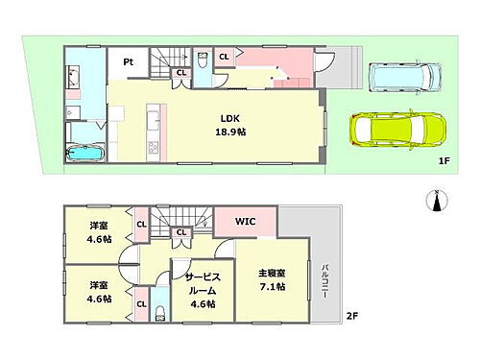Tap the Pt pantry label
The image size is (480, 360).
pyautogui.click(x=127, y=63)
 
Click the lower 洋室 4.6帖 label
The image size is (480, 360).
pyautogui.click(x=100, y=292)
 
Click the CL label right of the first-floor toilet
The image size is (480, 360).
pyautogui.click(x=224, y=57)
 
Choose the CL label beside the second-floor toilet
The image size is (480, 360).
pyautogui.click(x=141, y=304)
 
